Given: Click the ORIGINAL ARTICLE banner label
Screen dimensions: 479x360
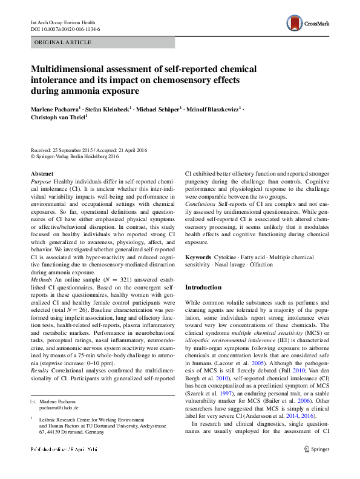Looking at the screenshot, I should point(64,42).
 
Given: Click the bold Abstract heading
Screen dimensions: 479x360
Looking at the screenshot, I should point(42,174).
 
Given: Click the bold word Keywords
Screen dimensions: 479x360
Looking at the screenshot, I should point(198,258).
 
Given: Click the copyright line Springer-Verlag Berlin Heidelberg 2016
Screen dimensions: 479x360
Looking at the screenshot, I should point(76,156).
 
